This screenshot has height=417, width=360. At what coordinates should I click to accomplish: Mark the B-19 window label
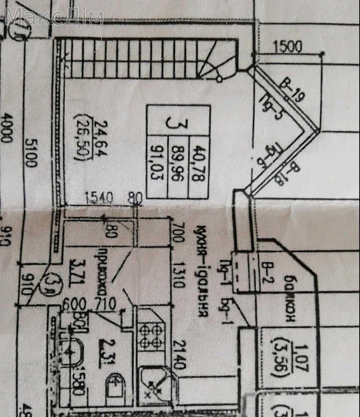point(292,90)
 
